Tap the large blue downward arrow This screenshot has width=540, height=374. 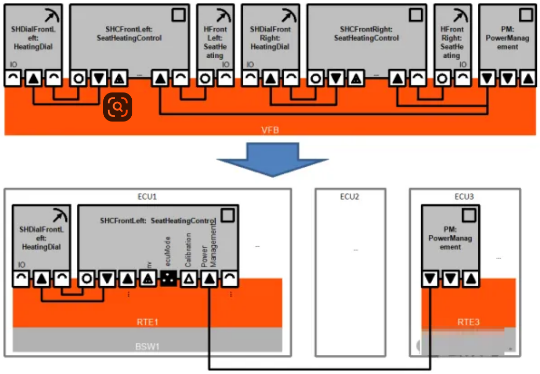pos(272,159)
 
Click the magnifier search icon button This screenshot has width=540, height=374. pos(118,107)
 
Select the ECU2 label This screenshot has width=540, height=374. pos(350,197)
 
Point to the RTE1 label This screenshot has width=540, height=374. pos(147,322)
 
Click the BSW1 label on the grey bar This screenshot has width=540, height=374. pos(147,346)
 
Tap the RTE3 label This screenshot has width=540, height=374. pos(468,322)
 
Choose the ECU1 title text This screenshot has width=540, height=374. pos(147,197)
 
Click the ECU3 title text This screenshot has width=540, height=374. pos(465,197)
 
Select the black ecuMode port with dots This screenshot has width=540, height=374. pos(169,279)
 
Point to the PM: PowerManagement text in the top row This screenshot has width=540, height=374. pos(507,38)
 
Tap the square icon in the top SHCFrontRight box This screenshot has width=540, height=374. pos(416,15)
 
